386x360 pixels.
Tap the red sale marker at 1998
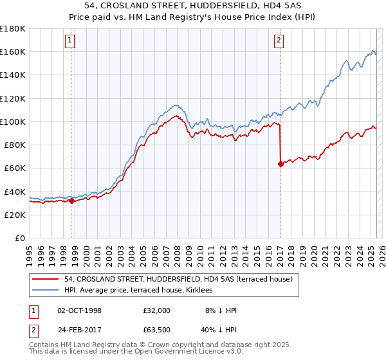pyautogui.click(x=71, y=201)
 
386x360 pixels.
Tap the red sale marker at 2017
pyautogui.click(x=280, y=164)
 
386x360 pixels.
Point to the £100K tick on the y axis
pyautogui.click(x=13, y=122)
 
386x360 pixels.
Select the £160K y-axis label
pyautogui.click(x=13, y=51)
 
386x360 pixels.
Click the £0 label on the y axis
pyautogui.click(x=20, y=239)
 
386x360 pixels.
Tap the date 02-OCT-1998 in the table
pyautogui.click(x=79, y=310)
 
